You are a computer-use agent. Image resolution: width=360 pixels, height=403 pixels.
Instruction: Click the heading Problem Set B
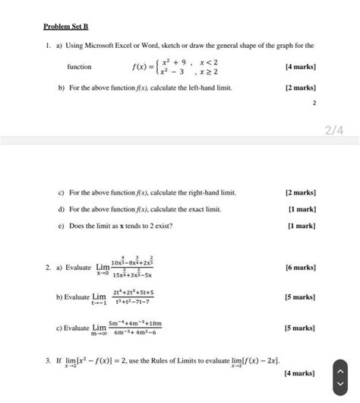[67, 27]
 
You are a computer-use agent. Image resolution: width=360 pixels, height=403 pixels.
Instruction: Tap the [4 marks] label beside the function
[300, 67]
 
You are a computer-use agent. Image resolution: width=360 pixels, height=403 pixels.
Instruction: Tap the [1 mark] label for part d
[302, 208]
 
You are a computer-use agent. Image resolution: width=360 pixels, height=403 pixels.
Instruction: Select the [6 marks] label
[300, 268]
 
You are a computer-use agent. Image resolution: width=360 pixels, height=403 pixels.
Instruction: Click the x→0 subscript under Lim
[103, 274]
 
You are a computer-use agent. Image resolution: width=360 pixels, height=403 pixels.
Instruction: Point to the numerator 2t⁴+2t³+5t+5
[133, 292]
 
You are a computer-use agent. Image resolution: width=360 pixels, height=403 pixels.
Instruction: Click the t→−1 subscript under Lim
[99, 302]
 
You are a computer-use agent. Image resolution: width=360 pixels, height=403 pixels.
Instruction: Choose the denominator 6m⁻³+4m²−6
[136, 332]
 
